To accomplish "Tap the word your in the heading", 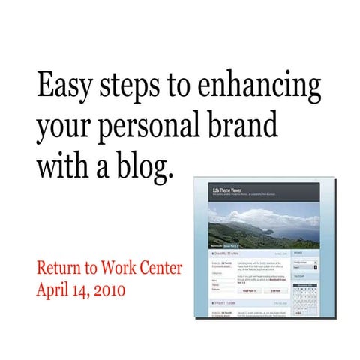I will point(61,128).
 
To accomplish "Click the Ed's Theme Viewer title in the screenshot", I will point(229,193).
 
